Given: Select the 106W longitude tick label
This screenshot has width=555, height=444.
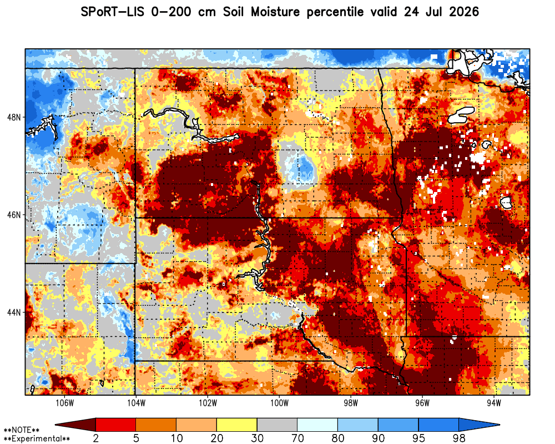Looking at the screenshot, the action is click(65, 403).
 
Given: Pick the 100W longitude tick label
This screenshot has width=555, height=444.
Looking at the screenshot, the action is click(280, 403).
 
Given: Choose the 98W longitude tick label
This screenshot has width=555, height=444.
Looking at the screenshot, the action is click(351, 403).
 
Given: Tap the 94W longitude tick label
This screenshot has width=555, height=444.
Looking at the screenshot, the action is click(494, 403).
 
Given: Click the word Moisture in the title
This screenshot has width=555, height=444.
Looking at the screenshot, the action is click(275, 12).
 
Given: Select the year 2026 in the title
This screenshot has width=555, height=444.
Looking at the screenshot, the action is click(463, 12).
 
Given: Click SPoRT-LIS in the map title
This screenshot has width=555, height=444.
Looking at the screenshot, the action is click(112, 12).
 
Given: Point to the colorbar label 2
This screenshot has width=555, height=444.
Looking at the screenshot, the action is click(96, 438).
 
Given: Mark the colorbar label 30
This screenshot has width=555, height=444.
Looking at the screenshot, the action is click(257, 438).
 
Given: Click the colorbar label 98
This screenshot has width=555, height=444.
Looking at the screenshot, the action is click(459, 438).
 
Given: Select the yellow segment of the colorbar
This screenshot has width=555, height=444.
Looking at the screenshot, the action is click(237, 425).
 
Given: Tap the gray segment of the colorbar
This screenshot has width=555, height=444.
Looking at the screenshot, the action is click(277, 425).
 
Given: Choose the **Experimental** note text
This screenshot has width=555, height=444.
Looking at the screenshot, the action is click(37, 439).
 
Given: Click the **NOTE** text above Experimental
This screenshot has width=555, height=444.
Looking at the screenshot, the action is click(22, 430).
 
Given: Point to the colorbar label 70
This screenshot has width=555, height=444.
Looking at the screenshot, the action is click(297, 438).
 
